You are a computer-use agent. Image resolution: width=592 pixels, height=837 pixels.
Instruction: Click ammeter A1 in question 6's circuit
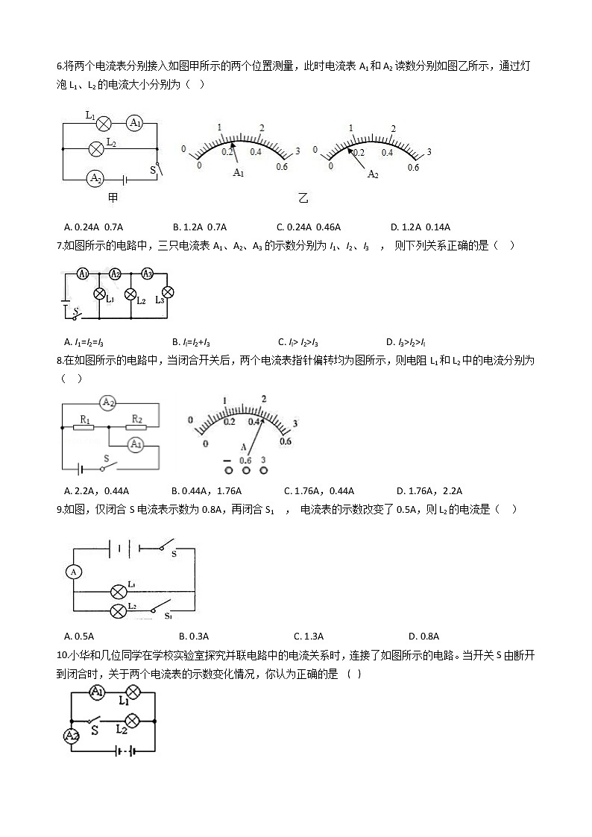click(x=134, y=123)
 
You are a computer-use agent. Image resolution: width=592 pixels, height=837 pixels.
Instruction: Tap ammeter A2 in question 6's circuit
click(x=95, y=178)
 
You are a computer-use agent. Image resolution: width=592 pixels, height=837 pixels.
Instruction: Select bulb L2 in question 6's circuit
click(x=95, y=148)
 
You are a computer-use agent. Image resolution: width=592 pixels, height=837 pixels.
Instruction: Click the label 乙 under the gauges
click(x=303, y=198)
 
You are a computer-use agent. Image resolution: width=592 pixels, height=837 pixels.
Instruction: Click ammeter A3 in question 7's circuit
click(x=148, y=274)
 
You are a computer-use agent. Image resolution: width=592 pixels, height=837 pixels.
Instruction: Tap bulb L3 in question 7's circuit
click(x=168, y=291)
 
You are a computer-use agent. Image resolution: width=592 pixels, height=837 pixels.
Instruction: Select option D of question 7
click(x=406, y=342)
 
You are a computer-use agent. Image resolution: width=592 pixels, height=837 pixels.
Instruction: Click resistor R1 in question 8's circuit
click(x=84, y=428)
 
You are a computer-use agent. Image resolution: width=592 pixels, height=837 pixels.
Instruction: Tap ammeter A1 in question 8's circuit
click(x=135, y=445)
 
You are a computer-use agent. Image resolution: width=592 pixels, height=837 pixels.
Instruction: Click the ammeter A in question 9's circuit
click(x=73, y=572)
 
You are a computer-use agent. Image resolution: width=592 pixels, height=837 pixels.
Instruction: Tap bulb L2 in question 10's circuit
click(x=132, y=721)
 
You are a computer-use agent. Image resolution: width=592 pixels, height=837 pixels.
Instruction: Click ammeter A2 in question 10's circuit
click(x=71, y=736)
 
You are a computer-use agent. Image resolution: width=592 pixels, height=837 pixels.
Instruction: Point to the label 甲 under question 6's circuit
click(x=113, y=198)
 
